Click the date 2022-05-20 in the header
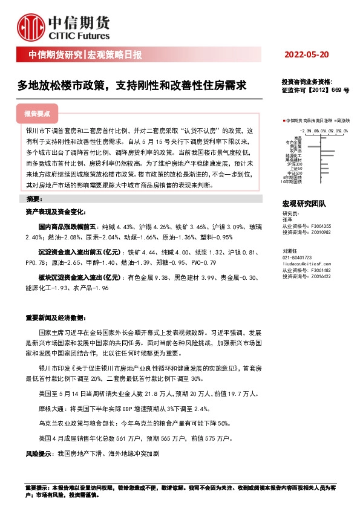coord(306,55)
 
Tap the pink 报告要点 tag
coord(41,113)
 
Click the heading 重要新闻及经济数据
coord(53,318)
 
